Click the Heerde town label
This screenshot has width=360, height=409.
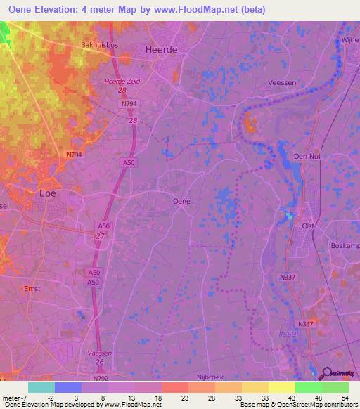coord(160,51)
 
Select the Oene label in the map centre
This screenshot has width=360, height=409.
coord(181,201)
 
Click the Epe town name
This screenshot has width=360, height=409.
coord(48,193)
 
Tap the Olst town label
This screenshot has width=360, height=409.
coord(308,227)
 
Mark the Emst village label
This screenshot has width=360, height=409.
coord(32,289)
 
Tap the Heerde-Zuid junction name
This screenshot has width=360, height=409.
coord(122,82)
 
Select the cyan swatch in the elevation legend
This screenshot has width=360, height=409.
coord(41,387)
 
